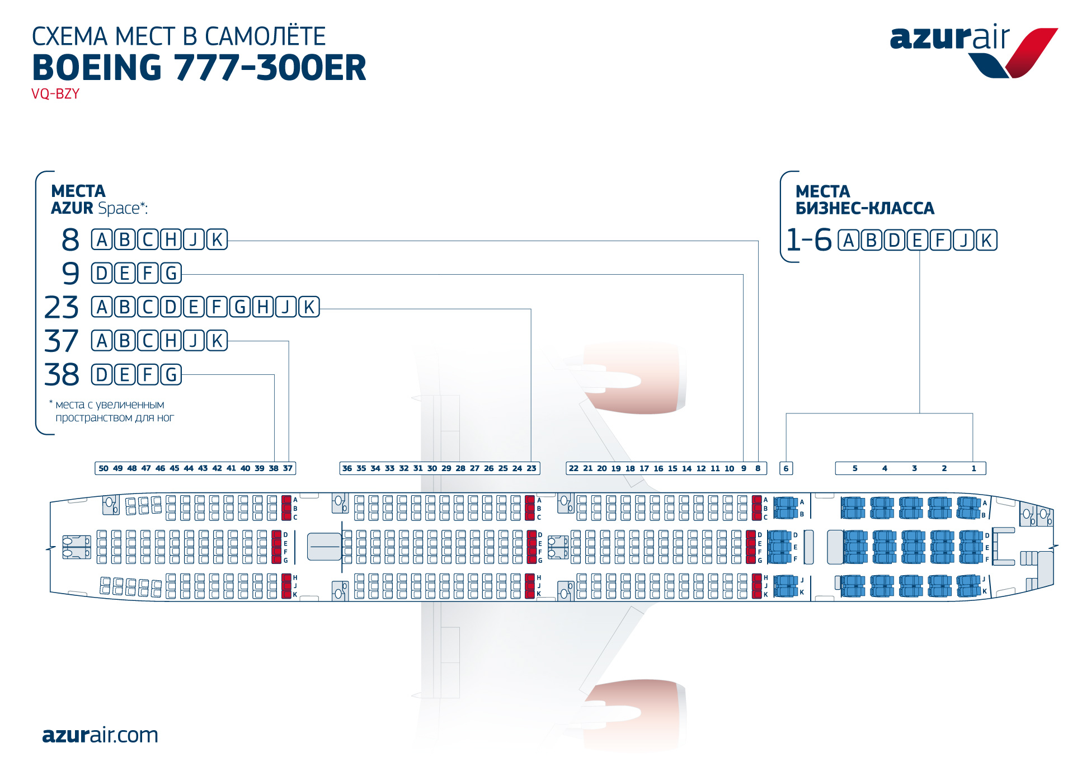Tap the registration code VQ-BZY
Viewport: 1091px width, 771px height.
point(55,94)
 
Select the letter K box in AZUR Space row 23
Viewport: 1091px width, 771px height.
point(309,307)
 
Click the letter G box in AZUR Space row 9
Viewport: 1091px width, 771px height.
point(171,274)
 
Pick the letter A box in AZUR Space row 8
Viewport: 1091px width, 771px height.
point(102,240)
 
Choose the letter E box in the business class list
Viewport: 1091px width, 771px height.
point(918,241)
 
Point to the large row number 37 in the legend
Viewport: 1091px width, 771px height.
point(62,341)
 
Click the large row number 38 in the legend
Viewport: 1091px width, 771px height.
point(62,374)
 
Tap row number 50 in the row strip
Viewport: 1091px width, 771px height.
point(104,469)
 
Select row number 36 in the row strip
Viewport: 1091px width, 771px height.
point(347,469)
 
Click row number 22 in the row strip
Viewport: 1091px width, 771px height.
point(573,469)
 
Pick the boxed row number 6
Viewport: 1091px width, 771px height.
point(786,469)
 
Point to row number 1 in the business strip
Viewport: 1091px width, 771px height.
point(974,469)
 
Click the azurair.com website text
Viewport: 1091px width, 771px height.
point(100,735)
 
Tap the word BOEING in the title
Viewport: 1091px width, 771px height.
point(97,68)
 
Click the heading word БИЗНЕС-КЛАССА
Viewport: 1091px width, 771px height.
point(865,209)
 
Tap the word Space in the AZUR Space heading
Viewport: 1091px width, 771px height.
point(119,209)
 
